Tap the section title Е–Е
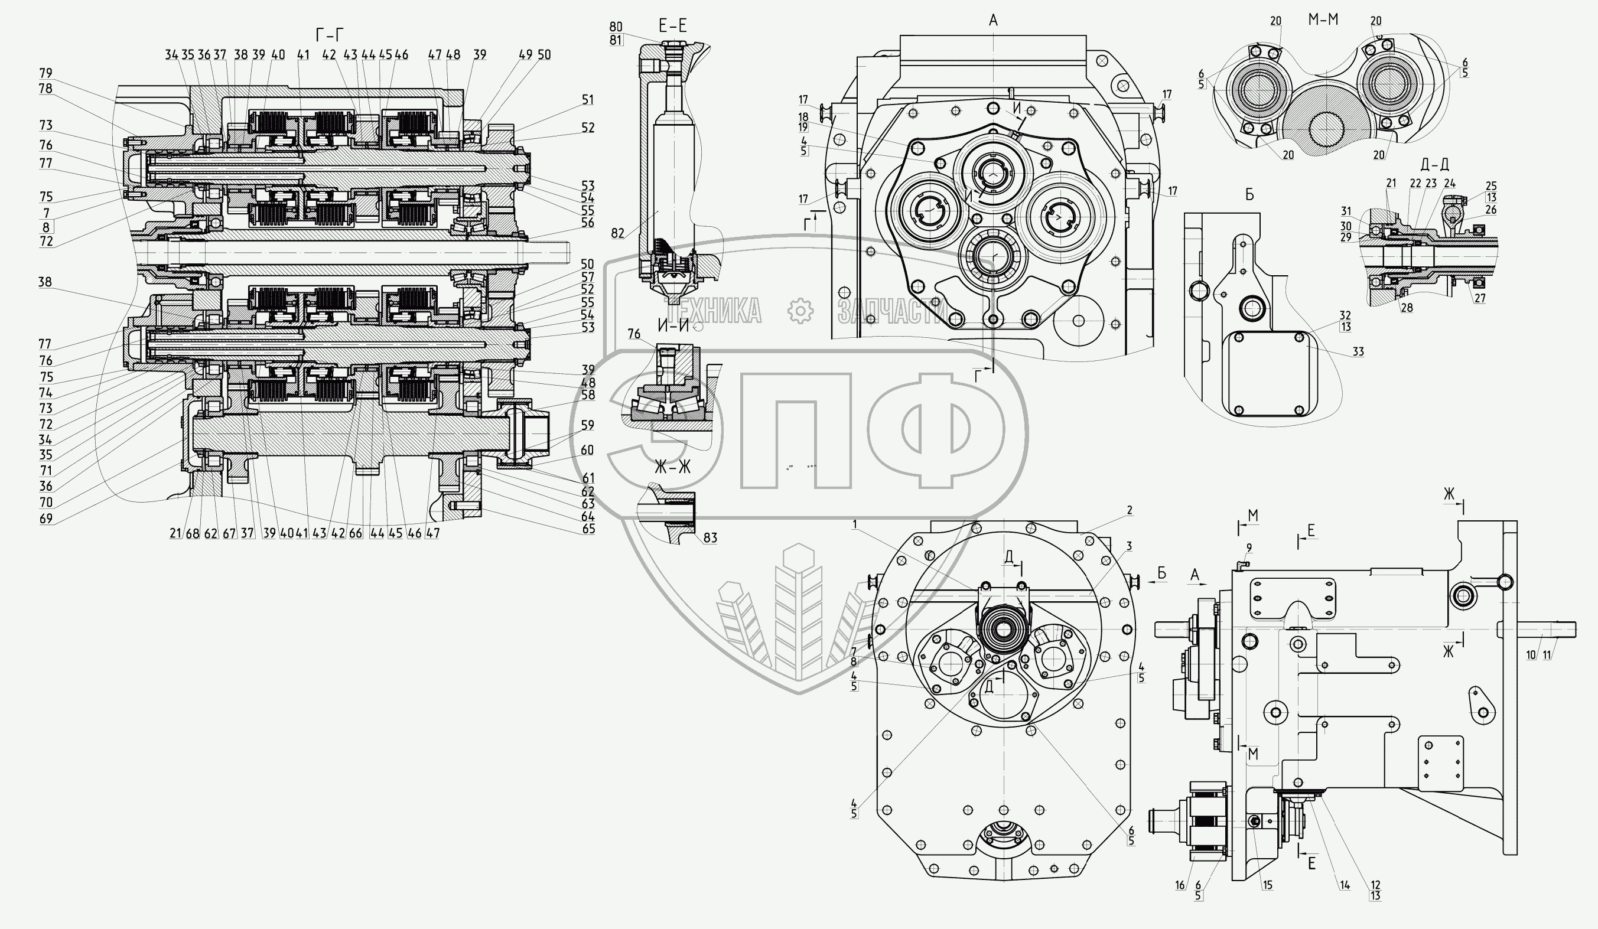(673, 26)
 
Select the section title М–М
(1323, 20)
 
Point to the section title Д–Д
(1434, 165)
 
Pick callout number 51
(588, 100)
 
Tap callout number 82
(618, 233)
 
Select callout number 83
(710, 538)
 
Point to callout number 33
(1358, 352)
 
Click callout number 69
(45, 519)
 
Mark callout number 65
(588, 529)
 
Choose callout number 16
(1180, 885)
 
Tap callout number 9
(1249, 547)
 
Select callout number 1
(855, 524)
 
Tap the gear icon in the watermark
(800, 311)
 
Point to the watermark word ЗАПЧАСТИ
(891, 311)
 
